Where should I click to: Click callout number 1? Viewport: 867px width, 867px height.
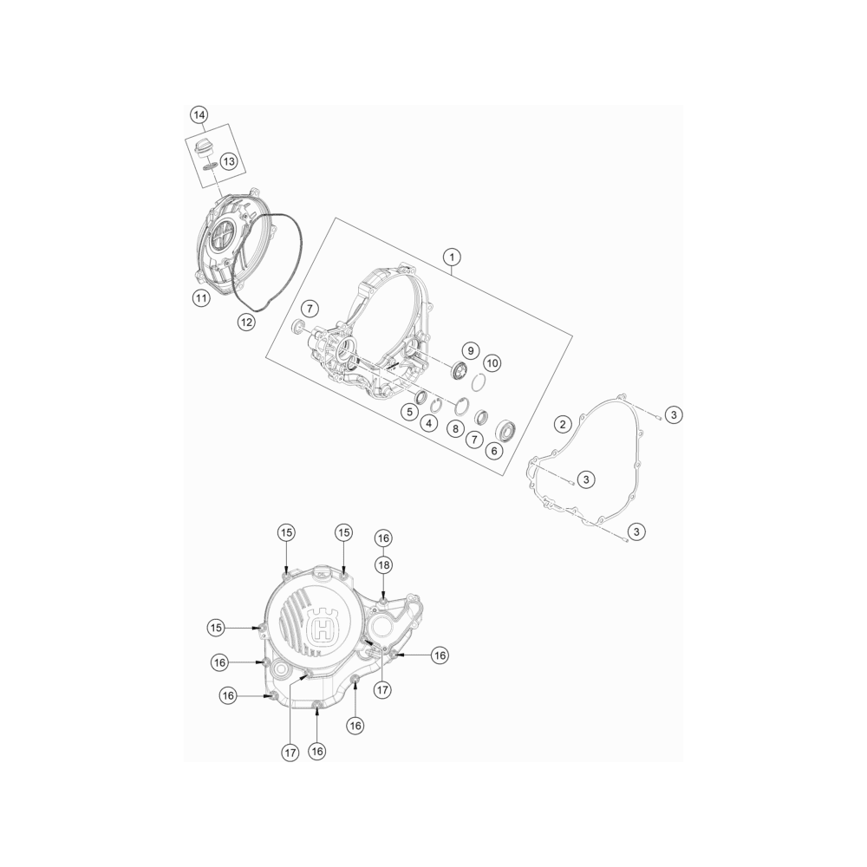pyautogui.click(x=453, y=257)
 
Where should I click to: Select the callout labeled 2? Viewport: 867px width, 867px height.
pyautogui.click(x=563, y=424)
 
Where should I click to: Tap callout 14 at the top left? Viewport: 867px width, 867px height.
pyautogui.click(x=199, y=115)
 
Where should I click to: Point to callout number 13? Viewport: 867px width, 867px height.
pyautogui.click(x=228, y=161)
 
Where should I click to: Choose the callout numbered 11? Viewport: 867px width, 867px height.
pyautogui.click(x=201, y=298)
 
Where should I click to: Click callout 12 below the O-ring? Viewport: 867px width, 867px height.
pyautogui.click(x=246, y=322)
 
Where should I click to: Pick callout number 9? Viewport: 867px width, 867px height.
pyautogui.click(x=471, y=350)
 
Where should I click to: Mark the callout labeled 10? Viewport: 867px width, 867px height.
pyautogui.click(x=492, y=363)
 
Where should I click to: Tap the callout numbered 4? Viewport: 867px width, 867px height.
pyautogui.click(x=429, y=424)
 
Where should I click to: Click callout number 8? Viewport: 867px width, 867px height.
pyautogui.click(x=456, y=428)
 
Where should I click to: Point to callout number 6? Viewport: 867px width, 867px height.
pyautogui.click(x=494, y=451)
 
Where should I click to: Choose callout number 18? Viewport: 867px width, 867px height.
pyautogui.click(x=383, y=564)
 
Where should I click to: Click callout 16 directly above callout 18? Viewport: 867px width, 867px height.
pyautogui.click(x=383, y=538)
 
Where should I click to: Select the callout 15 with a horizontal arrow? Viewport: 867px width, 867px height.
pyautogui.click(x=216, y=628)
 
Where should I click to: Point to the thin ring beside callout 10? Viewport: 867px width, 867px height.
pyautogui.click(x=479, y=381)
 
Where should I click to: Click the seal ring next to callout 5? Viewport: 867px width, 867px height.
pyautogui.click(x=421, y=396)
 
